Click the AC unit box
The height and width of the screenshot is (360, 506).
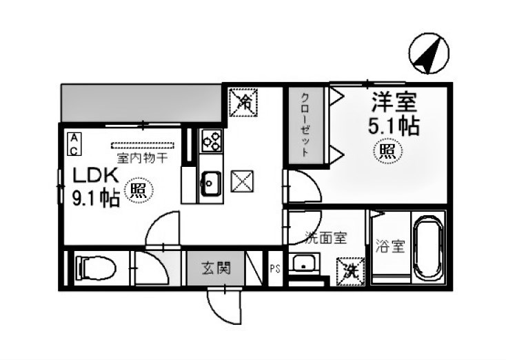click(x=73, y=143)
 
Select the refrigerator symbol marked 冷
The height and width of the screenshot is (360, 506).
click(x=243, y=102)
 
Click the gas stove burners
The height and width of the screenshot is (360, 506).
click(x=211, y=142)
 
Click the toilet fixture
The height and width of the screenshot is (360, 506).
click(x=96, y=267)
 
